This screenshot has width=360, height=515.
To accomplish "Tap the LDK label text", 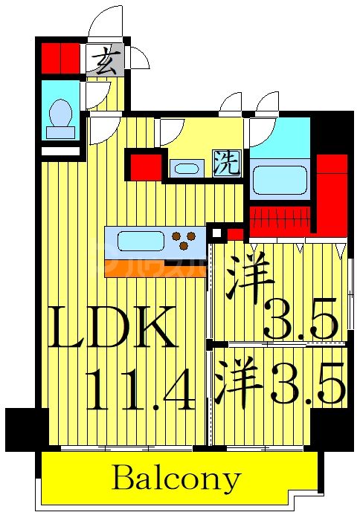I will pyautogui.click(x=114, y=328).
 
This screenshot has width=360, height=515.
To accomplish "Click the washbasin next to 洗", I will pyautogui.click(x=187, y=168).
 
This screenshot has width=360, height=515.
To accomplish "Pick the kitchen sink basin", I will pyautogui.click(x=139, y=242).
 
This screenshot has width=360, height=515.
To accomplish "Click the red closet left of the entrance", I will pyautogui.click(x=60, y=59).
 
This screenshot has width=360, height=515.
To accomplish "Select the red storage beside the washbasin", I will pyautogui.click(x=146, y=165).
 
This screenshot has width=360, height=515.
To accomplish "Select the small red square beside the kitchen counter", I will pyautogui.click(x=236, y=236).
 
